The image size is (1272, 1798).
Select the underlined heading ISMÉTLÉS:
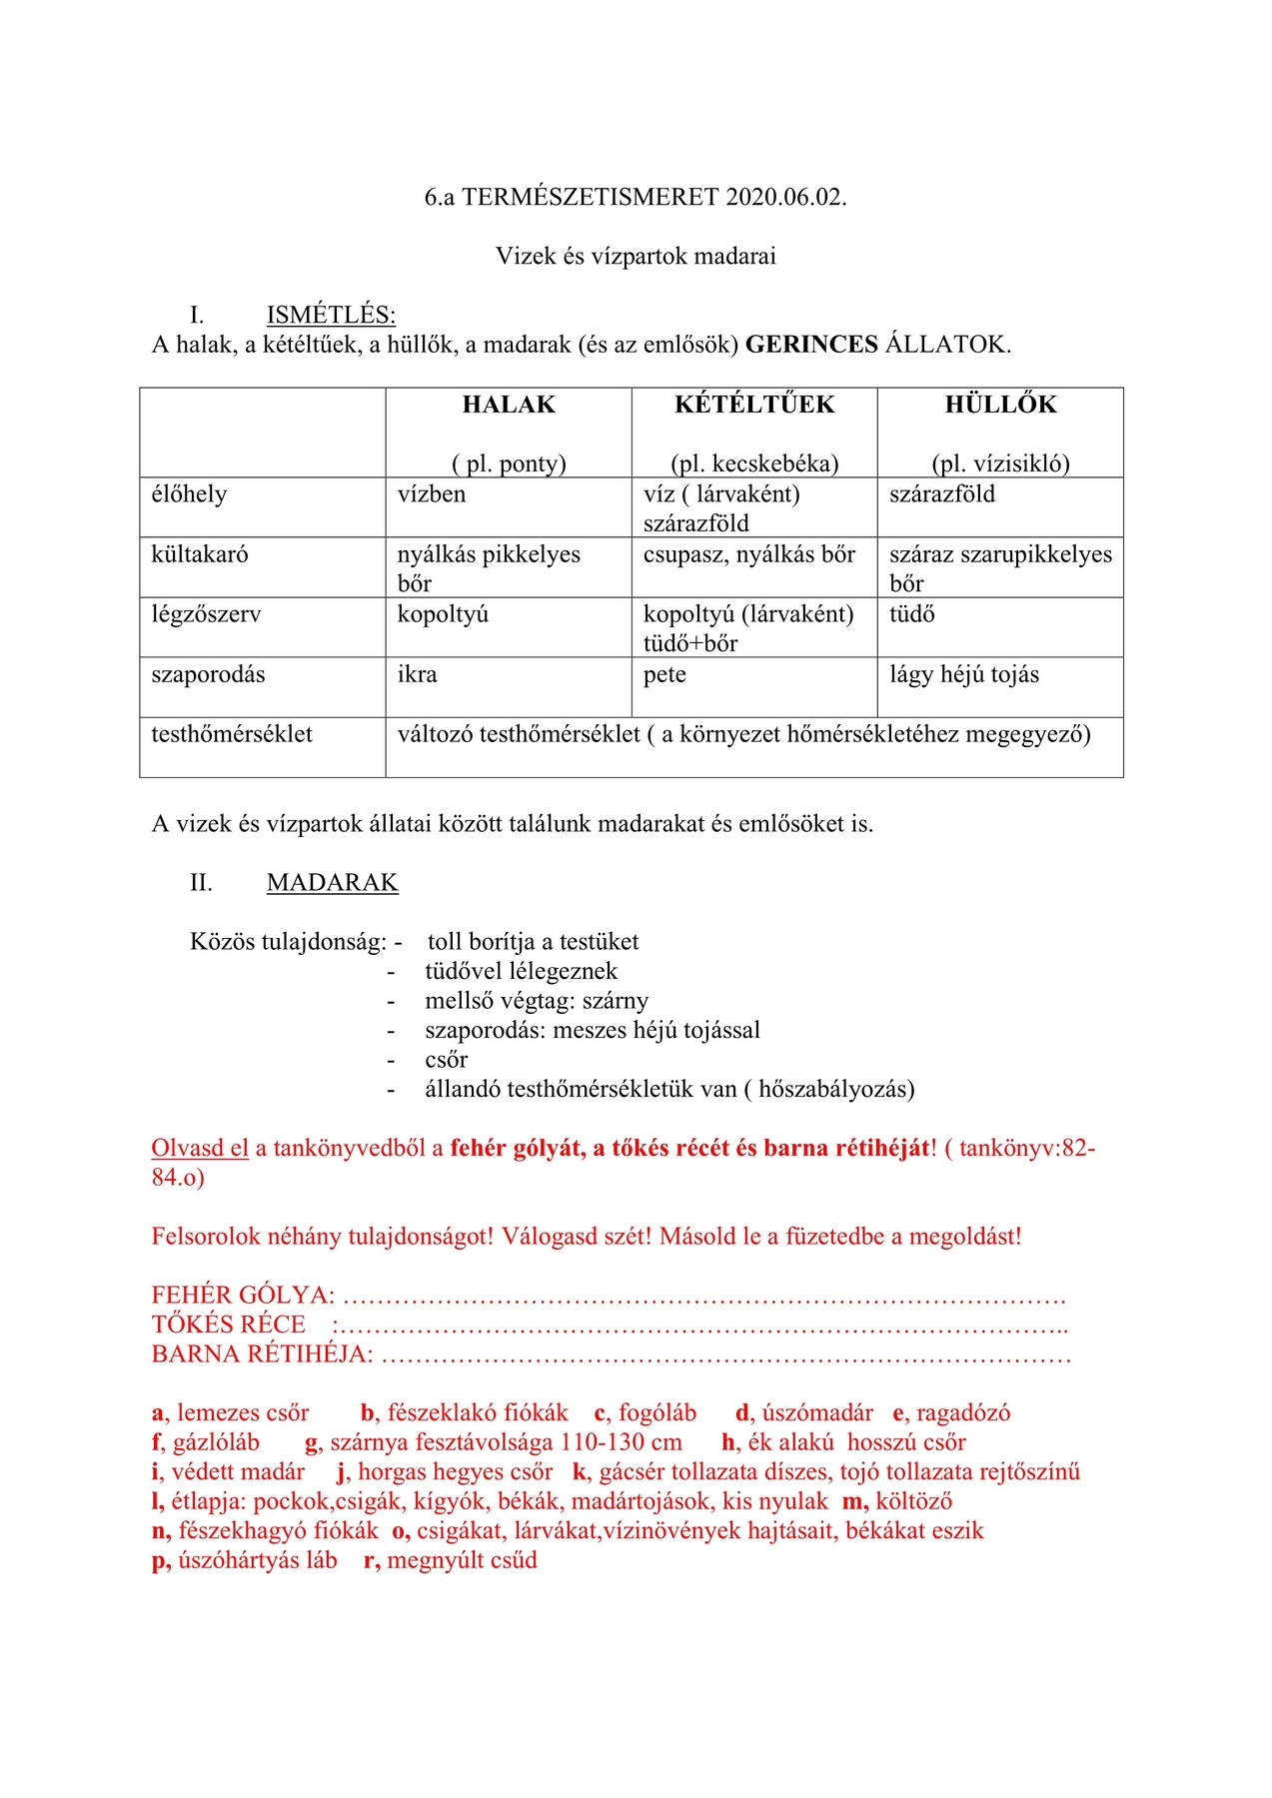pos(331,316)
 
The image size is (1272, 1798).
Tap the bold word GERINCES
pos(811,345)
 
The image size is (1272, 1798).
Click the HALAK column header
pos(509,405)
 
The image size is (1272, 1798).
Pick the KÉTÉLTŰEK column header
pos(754,405)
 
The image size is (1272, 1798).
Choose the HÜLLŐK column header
pos(1000,405)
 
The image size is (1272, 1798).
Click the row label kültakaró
pos(200,554)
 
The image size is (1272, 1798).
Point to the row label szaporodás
pos(208,674)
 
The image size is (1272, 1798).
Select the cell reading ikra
pos(417,674)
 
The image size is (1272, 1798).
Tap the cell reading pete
pos(664,674)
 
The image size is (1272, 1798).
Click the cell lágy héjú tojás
pos(964,674)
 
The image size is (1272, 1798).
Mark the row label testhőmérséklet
pos(232,734)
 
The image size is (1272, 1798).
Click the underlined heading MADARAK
pos(332,883)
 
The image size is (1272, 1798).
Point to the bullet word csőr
pos(446,1060)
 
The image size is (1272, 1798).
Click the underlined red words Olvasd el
pos(200,1148)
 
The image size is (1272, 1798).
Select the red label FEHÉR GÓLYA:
pos(243,1296)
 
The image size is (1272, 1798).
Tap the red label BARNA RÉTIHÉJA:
pos(262,1354)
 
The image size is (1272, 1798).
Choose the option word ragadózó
pos(963,1413)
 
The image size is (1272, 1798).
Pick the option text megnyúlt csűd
pos(462,1560)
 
